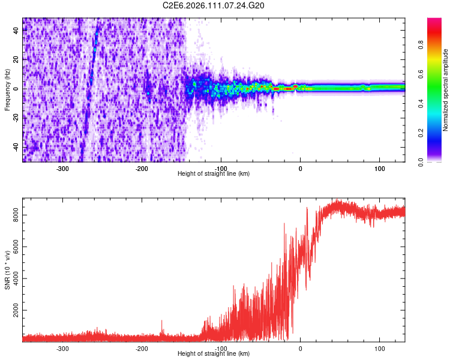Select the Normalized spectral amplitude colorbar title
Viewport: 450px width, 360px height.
(x=446, y=90)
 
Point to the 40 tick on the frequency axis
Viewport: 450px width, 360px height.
(x=16, y=31)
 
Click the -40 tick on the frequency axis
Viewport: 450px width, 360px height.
(x=15, y=147)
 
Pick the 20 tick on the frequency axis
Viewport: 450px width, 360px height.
(x=16, y=60)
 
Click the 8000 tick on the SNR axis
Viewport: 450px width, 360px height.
(x=14, y=215)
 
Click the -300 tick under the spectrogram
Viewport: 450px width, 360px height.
(x=63, y=168)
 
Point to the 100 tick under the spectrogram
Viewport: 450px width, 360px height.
(x=379, y=168)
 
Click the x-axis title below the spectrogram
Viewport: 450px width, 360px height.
(x=214, y=174)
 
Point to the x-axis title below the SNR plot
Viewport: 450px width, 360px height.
(x=214, y=354)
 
